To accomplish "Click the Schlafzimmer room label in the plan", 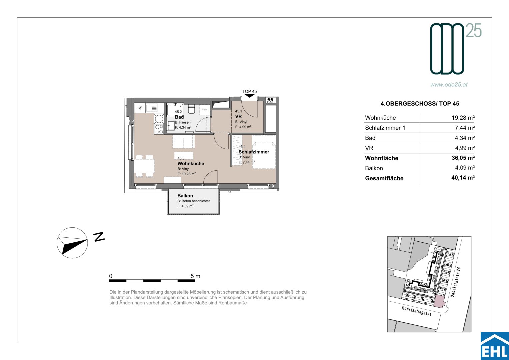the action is click(254, 152).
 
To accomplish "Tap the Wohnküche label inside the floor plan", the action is click(191, 163).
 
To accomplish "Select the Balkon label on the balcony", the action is click(185, 196).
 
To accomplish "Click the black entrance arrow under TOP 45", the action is click(250, 96).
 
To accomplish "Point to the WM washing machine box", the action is click(205, 110).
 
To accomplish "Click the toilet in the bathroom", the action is click(191, 109).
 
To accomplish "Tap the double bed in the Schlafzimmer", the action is click(264, 152).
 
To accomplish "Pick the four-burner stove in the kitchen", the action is click(159, 129).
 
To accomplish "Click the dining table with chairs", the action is click(144, 166).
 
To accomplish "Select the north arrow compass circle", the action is click(72, 243).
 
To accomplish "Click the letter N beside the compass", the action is click(99, 237).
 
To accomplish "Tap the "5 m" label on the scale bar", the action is click(195, 276).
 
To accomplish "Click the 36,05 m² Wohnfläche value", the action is click(463, 158).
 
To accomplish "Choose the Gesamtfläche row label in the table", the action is click(384, 178).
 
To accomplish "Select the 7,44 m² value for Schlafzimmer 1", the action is click(465, 128).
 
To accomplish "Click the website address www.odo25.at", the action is click(449, 85).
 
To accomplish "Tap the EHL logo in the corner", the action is click(495, 346).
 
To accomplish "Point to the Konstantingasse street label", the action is click(416, 311).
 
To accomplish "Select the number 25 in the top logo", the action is click(474, 30).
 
